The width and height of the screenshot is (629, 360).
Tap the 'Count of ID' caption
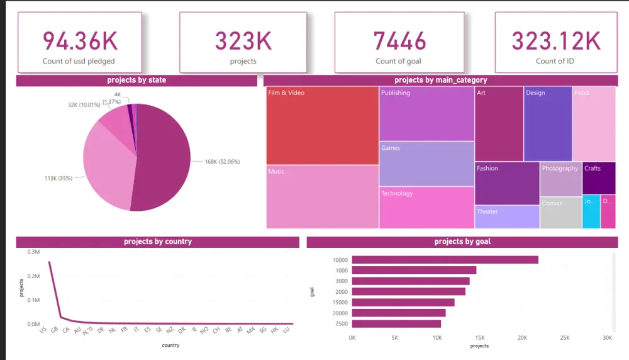coord(555,61)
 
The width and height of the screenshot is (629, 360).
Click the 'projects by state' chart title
coord(136,81)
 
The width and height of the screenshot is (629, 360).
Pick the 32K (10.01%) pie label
coord(84,105)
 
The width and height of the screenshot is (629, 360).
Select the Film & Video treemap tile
coord(322,126)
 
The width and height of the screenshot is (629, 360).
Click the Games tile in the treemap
coord(426,164)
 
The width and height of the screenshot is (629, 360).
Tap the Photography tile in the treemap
coord(560,179)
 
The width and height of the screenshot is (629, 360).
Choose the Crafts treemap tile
coord(598,178)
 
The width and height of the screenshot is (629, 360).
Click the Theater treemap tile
coord(506,217)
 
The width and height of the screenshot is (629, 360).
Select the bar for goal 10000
coord(445,260)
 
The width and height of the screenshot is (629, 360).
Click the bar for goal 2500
coord(396,323)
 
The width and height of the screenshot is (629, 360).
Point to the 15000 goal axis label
coord(340,302)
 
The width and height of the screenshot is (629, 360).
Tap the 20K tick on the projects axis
coord(522,338)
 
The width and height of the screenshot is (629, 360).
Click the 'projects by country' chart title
coord(158,242)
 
